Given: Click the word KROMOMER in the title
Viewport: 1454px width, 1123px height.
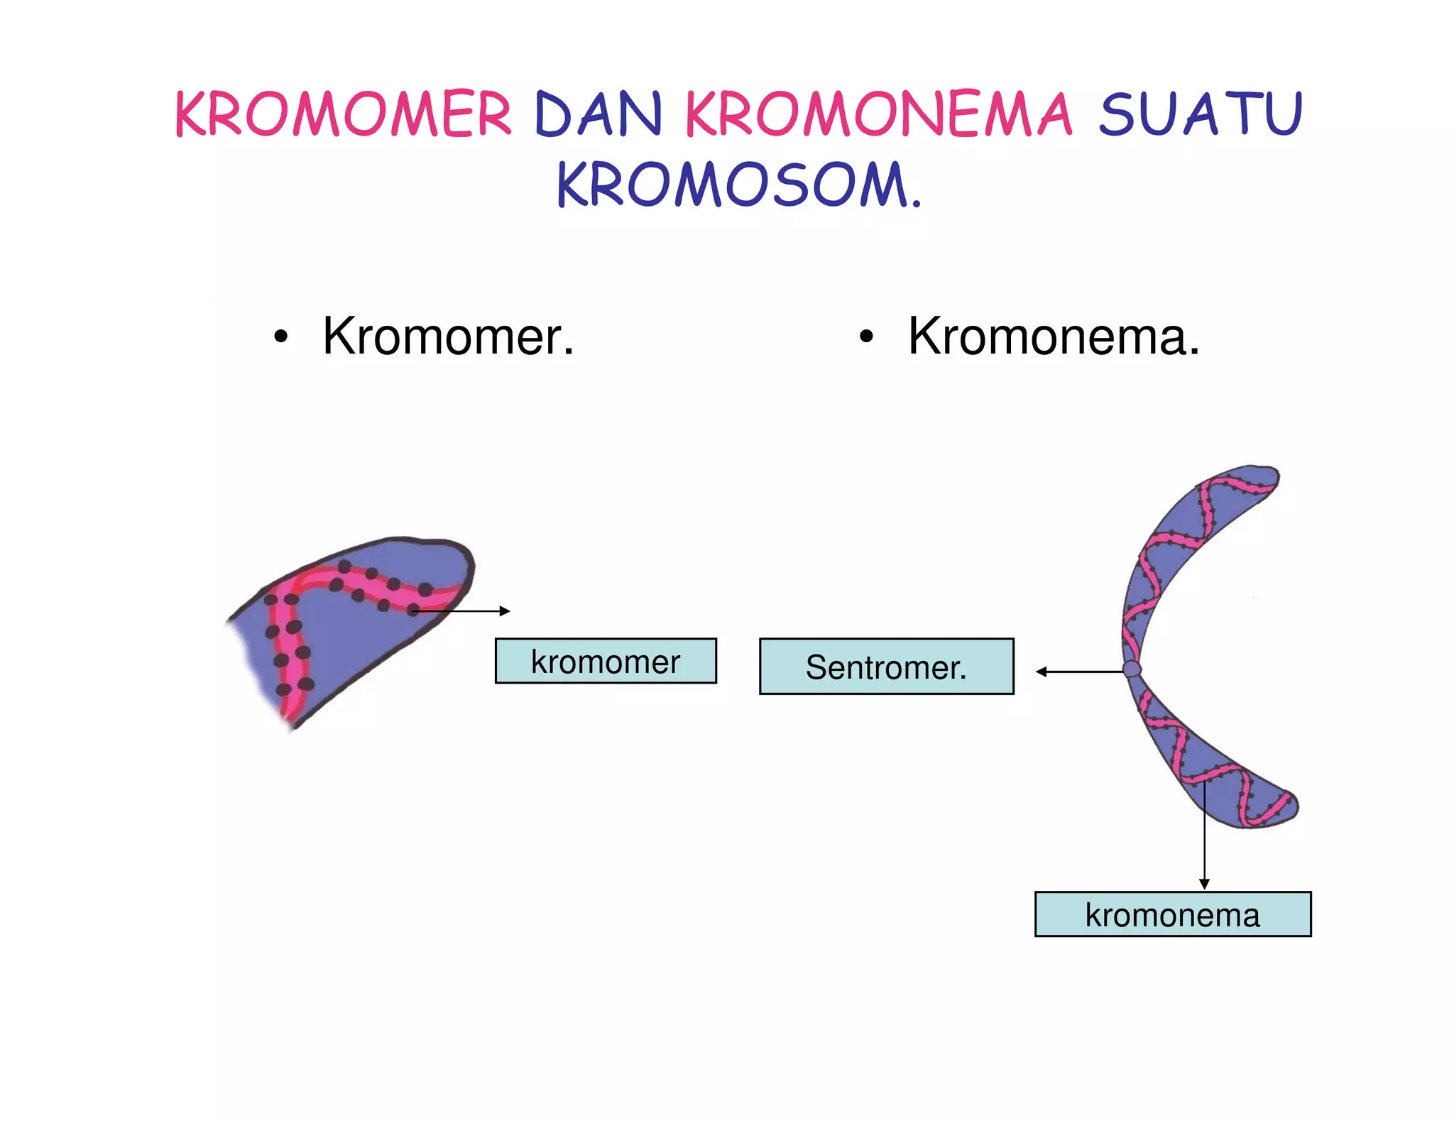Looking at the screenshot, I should [343, 114].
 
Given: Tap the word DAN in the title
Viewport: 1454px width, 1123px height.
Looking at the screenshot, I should [598, 114].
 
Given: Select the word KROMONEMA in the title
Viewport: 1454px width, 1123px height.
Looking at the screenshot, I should [878, 114].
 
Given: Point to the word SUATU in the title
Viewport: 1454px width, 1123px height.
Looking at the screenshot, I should [1201, 114].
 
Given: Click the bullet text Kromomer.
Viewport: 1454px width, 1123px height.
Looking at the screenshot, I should [448, 336].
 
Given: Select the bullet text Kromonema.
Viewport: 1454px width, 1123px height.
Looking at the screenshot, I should [1054, 336].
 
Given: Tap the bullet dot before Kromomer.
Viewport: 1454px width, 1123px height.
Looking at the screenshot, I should [281, 338].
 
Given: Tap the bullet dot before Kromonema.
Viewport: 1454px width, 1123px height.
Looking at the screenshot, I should [865, 338].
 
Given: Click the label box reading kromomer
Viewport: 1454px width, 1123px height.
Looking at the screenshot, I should [606, 661].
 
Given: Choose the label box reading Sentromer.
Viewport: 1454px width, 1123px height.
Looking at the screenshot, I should [886, 667].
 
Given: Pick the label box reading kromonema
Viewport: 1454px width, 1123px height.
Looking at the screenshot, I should [1172, 914].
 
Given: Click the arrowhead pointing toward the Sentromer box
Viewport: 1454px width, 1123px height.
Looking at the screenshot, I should [1041, 672].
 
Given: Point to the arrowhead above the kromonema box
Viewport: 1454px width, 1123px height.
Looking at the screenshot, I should [1204, 884].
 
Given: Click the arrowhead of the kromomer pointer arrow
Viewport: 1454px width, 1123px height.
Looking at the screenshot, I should [505, 611].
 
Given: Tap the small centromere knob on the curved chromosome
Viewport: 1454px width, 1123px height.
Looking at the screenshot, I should [1132, 669].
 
